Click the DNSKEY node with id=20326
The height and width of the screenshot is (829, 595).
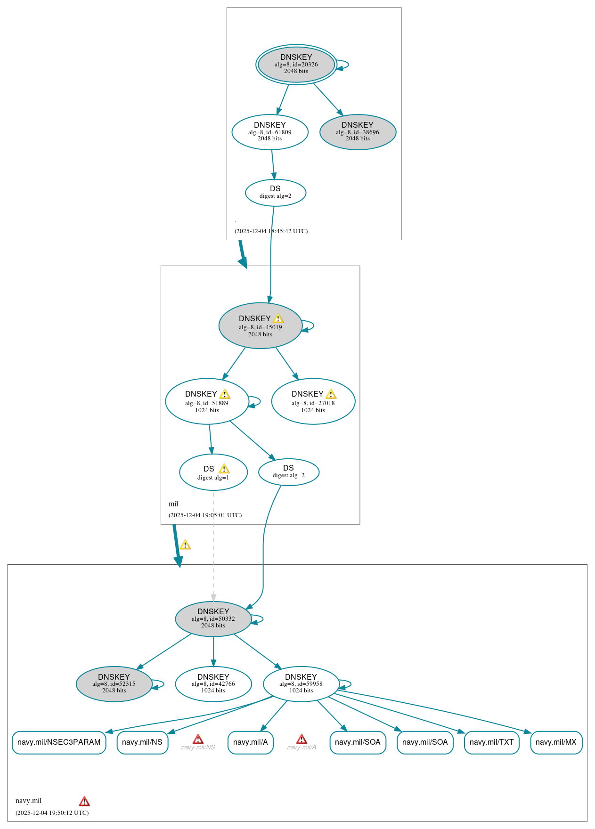(x=296, y=65)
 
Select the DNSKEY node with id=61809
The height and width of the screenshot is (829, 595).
(x=269, y=132)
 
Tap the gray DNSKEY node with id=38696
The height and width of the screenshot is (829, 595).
(x=358, y=132)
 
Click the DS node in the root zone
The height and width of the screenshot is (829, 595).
(x=275, y=193)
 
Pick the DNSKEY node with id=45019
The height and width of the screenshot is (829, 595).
(x=260, y=326)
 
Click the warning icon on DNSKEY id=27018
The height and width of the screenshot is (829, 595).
(x=331, y=394)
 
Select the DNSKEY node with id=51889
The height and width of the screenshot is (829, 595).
(x=207, y=401)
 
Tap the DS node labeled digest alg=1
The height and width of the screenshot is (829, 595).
(x=213, y=472)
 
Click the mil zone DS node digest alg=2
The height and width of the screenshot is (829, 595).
(x=288, y=472)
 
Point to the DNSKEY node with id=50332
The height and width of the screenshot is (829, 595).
(x=213, y=619)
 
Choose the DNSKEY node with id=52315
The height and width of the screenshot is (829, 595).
(x=114, y=684)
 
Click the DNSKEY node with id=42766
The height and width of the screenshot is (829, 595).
(x=213, y=684)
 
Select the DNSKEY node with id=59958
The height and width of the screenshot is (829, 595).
(x=301, y=684)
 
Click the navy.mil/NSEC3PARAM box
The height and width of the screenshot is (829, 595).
(x=59, y=742)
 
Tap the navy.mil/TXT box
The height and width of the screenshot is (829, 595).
(x=491, y=742)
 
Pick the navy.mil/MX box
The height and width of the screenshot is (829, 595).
(x=556, y=742)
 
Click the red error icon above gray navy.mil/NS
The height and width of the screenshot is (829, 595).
(x=198, y=739)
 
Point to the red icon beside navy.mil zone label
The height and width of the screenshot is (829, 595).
(x=84, y=801)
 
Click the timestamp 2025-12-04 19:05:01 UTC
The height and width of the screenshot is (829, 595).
(x=205, y=515)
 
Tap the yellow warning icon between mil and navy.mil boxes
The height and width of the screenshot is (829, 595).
(x=185, y=545)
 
